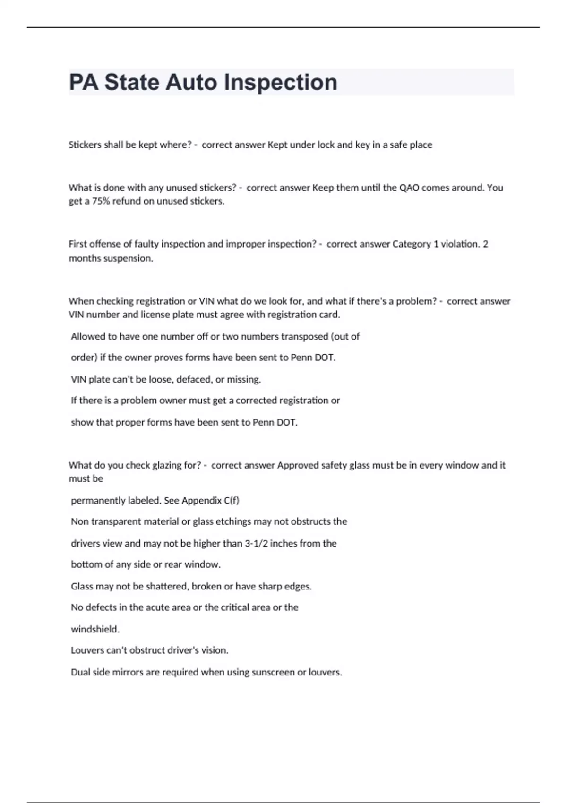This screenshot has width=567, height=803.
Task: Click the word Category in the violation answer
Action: click(412, 244)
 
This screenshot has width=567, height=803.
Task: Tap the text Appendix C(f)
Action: click(210, 501)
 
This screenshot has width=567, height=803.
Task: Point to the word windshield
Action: click(95, 629)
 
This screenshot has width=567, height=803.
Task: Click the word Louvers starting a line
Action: click(87, 650)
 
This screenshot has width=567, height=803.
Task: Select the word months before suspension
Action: click(83, 258)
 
